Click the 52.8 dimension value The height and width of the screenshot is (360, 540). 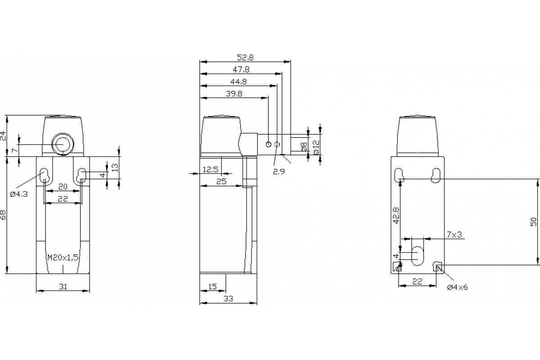coord(246,57)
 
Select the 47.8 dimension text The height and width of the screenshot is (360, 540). coord(241,69)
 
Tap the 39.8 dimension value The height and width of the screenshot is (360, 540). coord(234,94)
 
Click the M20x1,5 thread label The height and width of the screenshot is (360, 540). coord(63,257)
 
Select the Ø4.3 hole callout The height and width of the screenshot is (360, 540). coord(19,194)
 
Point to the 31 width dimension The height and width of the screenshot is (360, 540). coord(63,286)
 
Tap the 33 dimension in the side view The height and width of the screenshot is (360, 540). coord(228,298)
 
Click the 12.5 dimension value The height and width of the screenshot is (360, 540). coord(211,169)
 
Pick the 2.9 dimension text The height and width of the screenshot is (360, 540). coord(279,171)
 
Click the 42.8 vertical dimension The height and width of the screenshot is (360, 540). coord(396,215)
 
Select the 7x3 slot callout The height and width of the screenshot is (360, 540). coord(454,234)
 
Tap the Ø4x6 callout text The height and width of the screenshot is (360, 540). coord(457,288)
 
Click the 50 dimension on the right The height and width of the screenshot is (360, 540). coord(533,221)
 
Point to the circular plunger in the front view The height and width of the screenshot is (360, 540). coord(62,144)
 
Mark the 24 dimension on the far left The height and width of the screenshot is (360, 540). coord(4,136)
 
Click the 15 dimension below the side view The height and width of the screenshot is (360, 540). coord(213,286)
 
